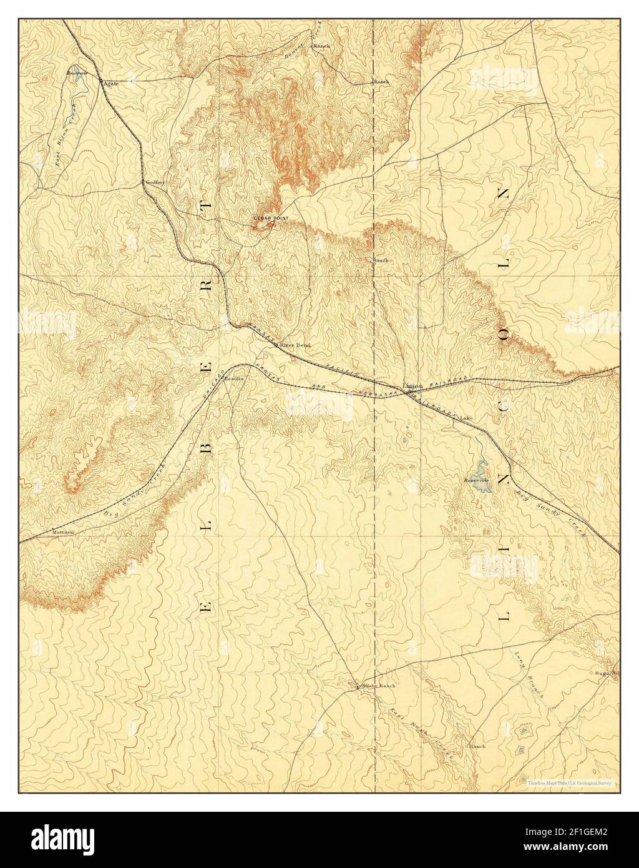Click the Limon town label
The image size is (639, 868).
click(x=412, y=386)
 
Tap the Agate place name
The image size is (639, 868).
click(x=111, y=83)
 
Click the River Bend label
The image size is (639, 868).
click(x=294, y=345)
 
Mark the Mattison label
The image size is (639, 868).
click(x=63, y=532)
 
